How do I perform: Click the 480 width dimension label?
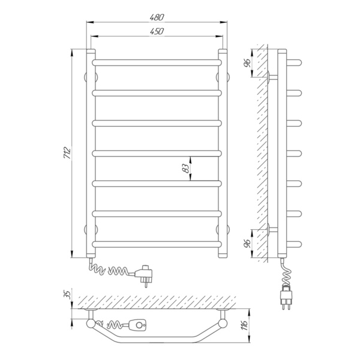click(x=157, y=17)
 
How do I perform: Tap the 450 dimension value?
click(x=157, y=31)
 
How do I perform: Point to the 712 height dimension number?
click(x=68, y=152)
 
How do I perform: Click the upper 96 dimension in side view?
click(x=247, y=63)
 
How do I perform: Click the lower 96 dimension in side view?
click(x=247, y=244)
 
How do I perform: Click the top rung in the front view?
click(x=157, y=62)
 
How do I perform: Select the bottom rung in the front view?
click(x=157, y=244)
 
